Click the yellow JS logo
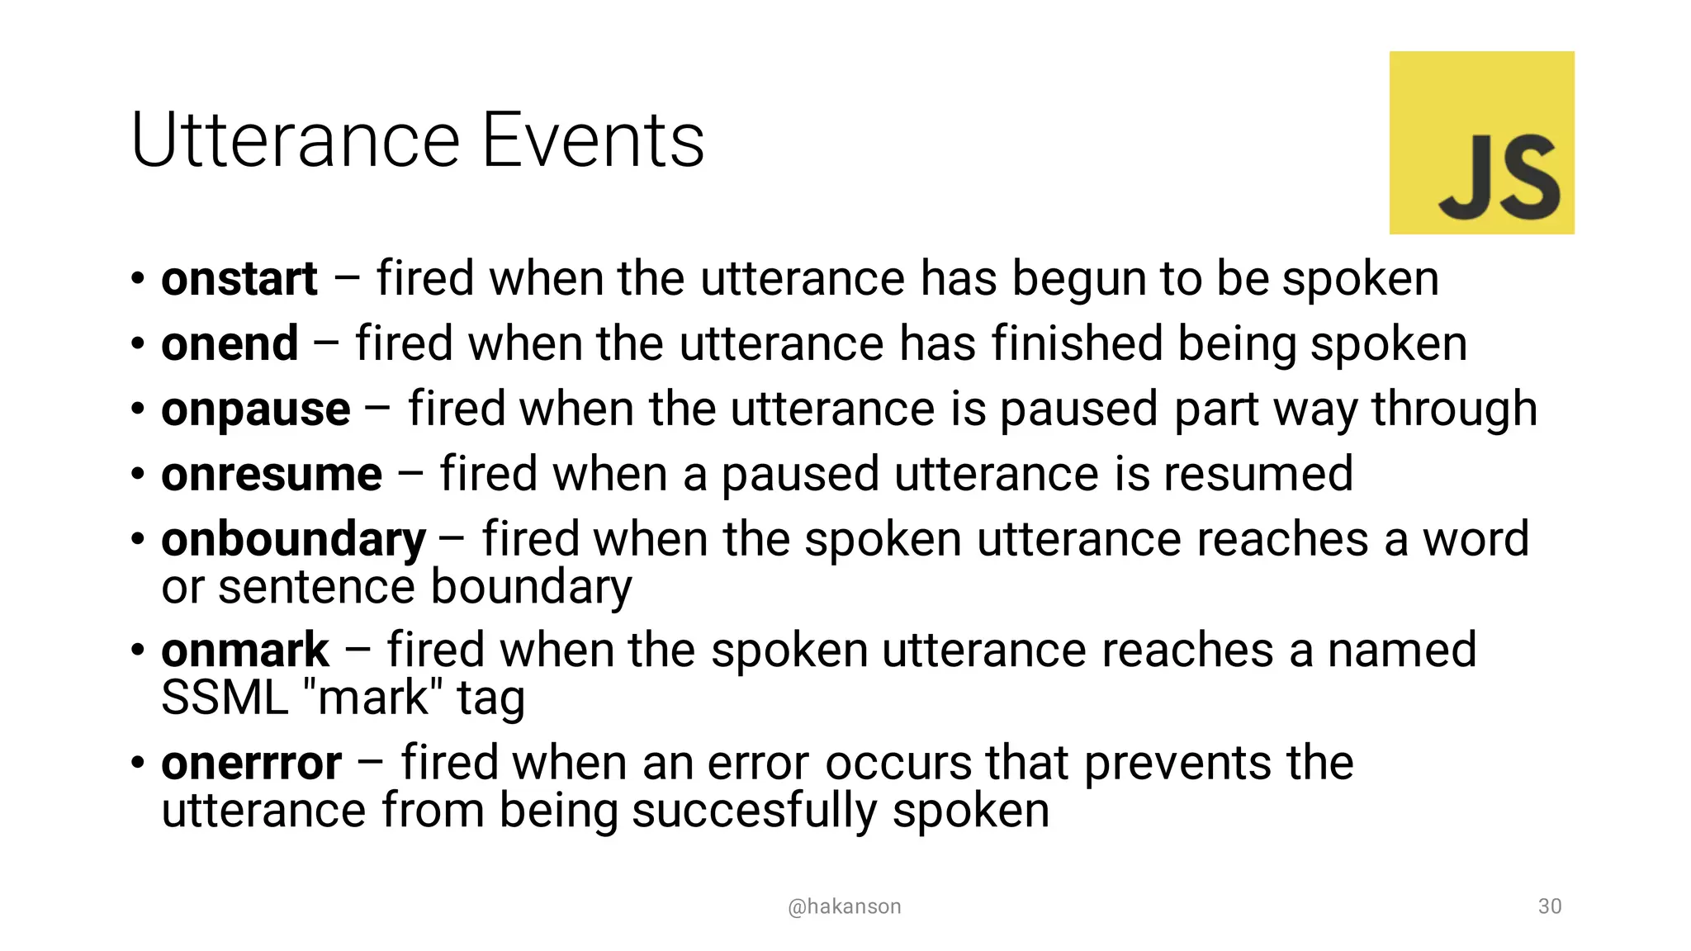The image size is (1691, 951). pyautogui.click(x=1481, y=142)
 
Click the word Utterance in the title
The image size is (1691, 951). pyautogui.click(x=296, y=140)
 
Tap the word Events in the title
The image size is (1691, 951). pyautogui.click(x=593, y=140)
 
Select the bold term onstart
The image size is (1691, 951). pyautogui.click(x=239, y=279)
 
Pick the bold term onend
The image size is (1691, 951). pyautogui.click(x=230, y=344)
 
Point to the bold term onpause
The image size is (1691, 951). pyautogui.click(x=256, y=410)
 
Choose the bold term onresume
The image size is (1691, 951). pyautogui.click(x=272, y=475)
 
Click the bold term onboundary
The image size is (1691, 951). pyautogui.click(x=293, y=541)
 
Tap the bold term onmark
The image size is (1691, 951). pyautogui.click(x=245, y=651)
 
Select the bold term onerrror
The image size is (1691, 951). pyautogui.click(x=251, y=763)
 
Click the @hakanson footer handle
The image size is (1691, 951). pyautogui.click(x=844, y=906)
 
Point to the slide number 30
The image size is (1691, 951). pyautogui.click(x=1550, y=906)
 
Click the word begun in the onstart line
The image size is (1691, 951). pyautogui.click(x=1078, y=279)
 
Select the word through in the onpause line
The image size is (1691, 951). pyautogui.click(x=1454, y=409)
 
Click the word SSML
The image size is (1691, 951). pyautogui.click(x=225, y=698)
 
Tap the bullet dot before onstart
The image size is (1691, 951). pyautogui.click(x=138, y=279)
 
